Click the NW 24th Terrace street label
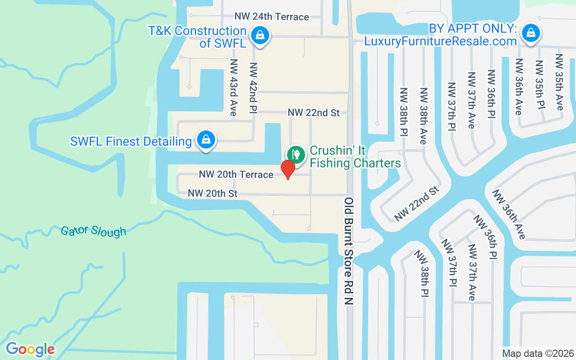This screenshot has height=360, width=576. [x=271, y=17]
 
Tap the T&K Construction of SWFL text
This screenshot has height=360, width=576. [x=198, y=37]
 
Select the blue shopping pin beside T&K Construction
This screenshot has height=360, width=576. [x=260, y=34]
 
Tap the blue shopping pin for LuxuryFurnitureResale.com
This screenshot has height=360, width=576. [x=531, y=33]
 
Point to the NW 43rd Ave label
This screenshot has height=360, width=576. [x=233, y=87]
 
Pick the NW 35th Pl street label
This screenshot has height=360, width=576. [x=539, y=83]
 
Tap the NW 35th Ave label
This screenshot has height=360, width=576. [x=559, y=82]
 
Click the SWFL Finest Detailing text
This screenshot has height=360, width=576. [x=131, y=141]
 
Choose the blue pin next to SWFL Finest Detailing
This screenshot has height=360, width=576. [x=206, y=139]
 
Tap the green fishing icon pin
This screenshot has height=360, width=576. [x=296, y=154]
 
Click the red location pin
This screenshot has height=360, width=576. [x=288, y=169]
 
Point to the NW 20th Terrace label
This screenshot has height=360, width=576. [x=236, y=174]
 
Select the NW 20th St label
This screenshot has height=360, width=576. [x=212, y=193]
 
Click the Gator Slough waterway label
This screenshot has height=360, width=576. [x=94, y=231]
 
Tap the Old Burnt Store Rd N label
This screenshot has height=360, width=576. [x=349, y=251]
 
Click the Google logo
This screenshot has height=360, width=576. [x=30, y=349]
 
